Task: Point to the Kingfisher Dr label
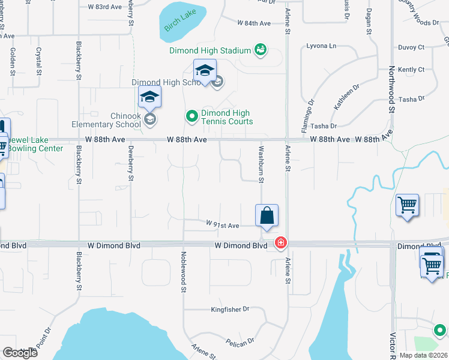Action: (x=229, y=310)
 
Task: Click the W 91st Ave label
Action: (x=223, y=225)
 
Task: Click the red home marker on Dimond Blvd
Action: (x=280, y=243)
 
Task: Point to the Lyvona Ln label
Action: (x=321, y=46)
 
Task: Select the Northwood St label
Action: (x=392, y=90)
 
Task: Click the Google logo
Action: (x=20, y=353)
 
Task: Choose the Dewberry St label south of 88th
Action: (x=130, y=162)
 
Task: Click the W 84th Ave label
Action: (x=254, y=23)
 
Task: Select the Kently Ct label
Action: (x=411, y=70)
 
